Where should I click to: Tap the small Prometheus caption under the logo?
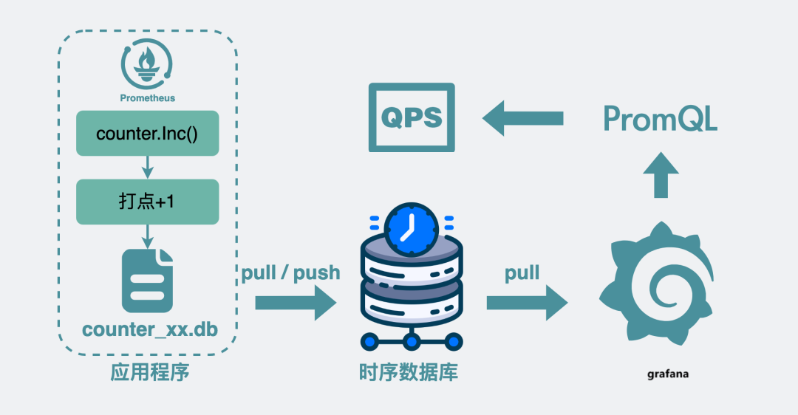pos(148,97)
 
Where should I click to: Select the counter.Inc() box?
pos(148,133)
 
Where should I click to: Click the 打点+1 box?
pos(148,202)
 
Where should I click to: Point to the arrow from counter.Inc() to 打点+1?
pos(148,167)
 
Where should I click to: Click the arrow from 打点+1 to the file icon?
pos(148,236)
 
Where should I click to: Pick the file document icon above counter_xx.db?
pos(148,281)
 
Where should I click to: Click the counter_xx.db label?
pos(150,329)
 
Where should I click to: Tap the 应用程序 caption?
pos(150,371)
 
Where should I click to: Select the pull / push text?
pos(290,273)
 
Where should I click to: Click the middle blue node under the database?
pos(412,341)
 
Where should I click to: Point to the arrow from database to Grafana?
pos(527,303)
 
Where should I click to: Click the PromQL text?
pos(660,119)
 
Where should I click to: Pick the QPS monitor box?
pos(412,117)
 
